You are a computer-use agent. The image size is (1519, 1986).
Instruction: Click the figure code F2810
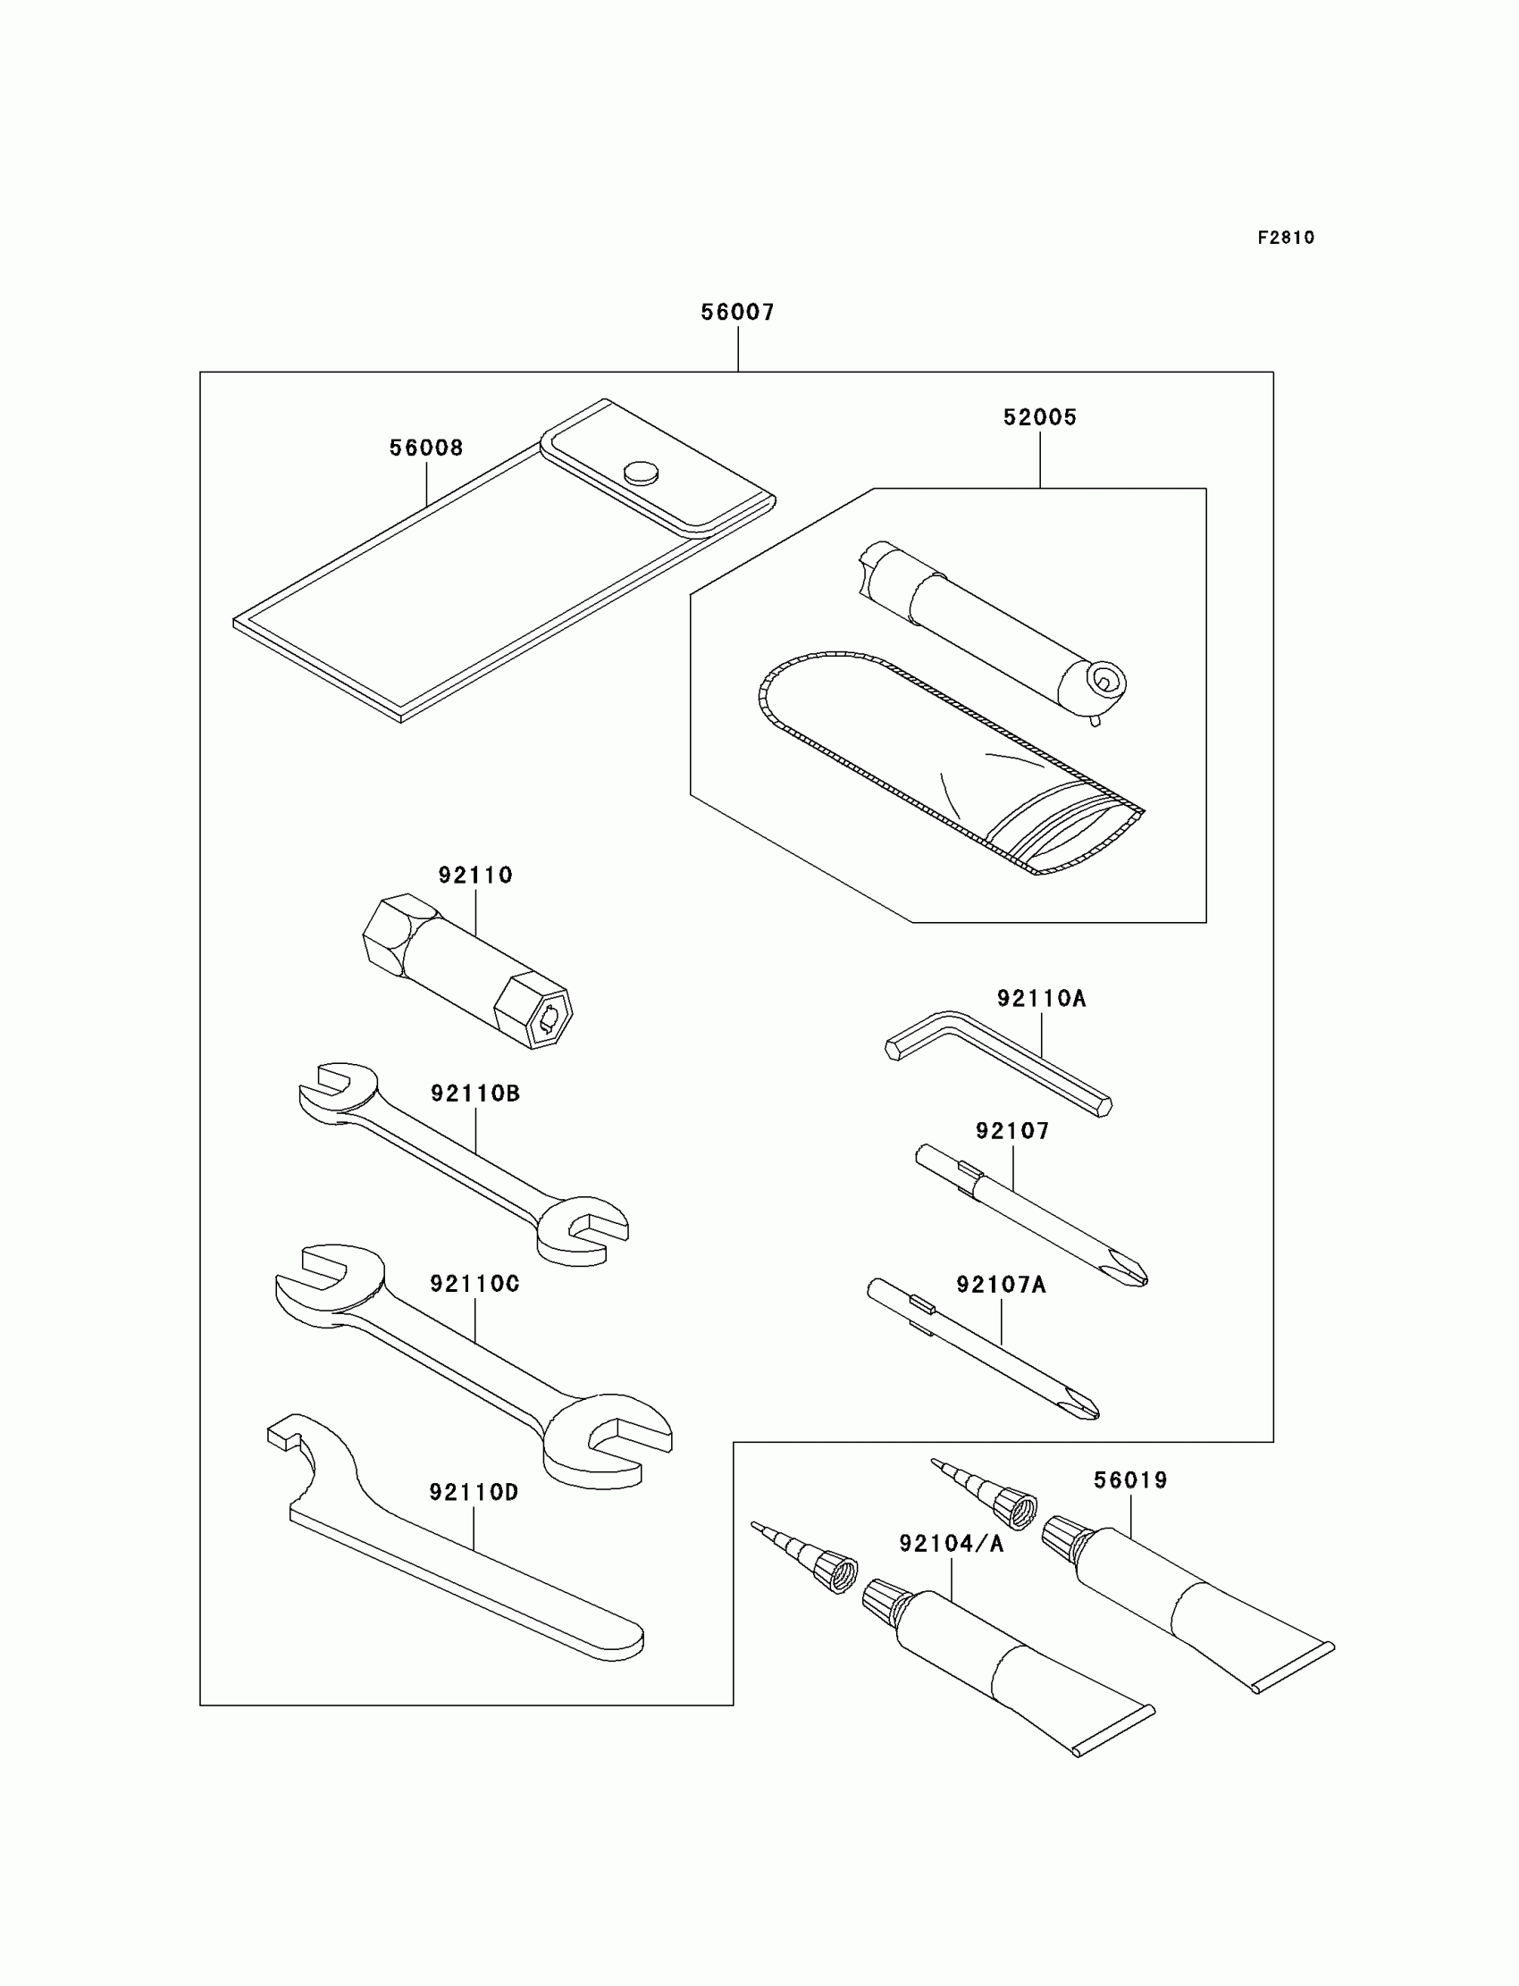point(1285,238)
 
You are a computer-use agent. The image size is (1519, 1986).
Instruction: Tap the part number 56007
point(738,312)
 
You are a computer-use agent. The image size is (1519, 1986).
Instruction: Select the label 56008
point(426,448)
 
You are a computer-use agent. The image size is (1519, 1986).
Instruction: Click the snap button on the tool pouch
point(641,472)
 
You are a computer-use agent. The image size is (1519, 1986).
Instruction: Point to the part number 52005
point(1040,417)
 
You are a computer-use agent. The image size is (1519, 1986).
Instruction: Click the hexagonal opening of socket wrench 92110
point(549,1018)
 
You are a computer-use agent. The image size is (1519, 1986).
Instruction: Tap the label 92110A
point(1041,999)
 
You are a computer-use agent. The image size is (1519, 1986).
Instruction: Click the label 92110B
point(474,1094)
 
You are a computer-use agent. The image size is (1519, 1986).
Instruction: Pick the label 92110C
point(474,1284)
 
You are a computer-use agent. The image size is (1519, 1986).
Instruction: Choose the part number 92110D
point(474,1493)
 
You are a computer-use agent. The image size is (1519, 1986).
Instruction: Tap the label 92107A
point(1001,1285)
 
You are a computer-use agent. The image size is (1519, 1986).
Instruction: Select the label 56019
point(1130,1479)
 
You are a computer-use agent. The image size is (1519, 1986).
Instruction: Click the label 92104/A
point(952,1544)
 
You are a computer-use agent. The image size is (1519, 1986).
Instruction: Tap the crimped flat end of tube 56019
point(1293,1668)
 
